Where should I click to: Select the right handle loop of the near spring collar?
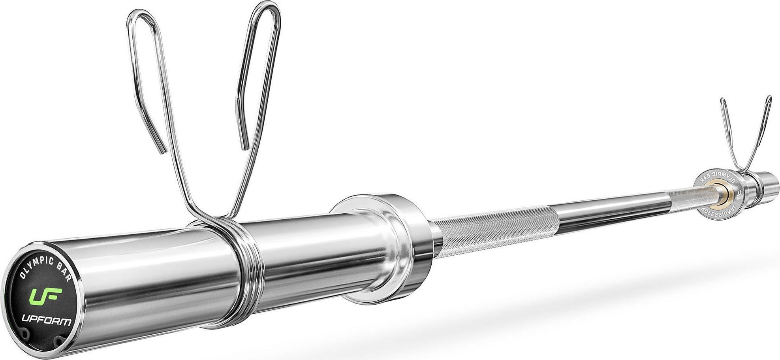259,79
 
